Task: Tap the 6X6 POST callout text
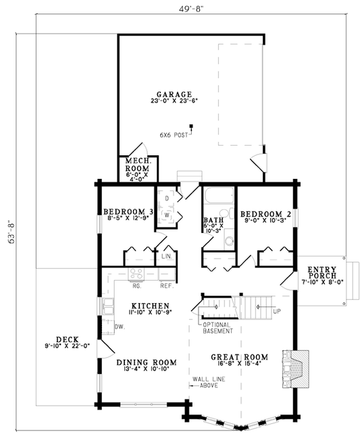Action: click(x=173, y=134)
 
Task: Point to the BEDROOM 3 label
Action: click(x=128, y=212)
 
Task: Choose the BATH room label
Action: click(x=213, y=220)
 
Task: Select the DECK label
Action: click(x=54, y=339)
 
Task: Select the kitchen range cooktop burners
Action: click(x=136, y=273)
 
